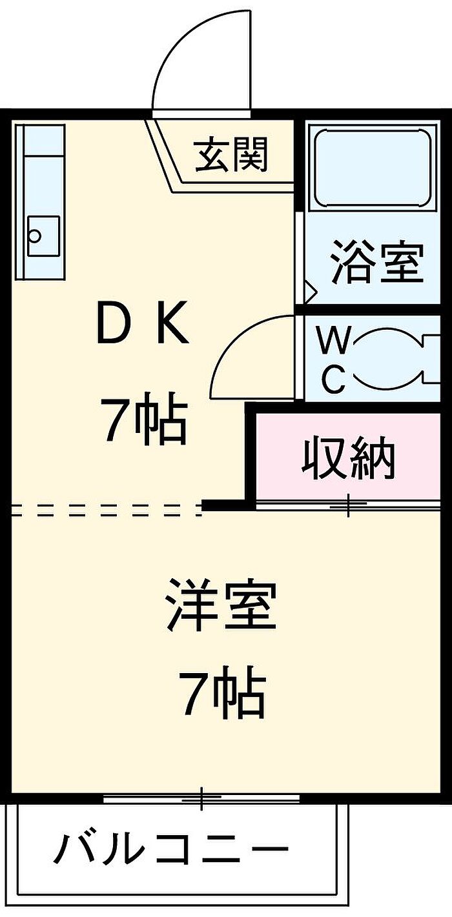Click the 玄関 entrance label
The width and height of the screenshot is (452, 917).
tap(232, 155)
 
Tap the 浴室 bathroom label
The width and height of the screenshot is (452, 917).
tap(376, 262)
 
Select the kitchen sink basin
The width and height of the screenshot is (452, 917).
tap(43, 236)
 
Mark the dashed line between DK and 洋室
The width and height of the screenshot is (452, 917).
tap(103, 510)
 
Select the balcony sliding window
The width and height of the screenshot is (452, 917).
tap(201, 799)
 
